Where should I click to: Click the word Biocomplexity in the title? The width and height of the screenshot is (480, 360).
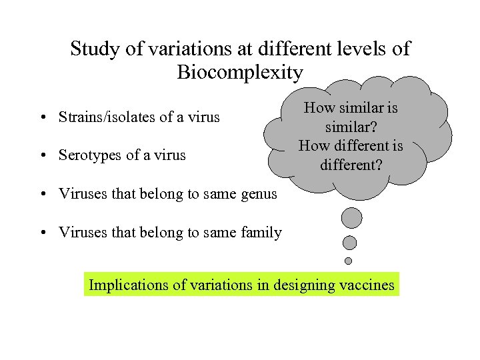(240, 72)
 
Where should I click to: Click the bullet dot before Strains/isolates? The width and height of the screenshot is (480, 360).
(42, 118)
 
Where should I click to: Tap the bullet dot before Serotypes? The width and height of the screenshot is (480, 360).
(42, 156)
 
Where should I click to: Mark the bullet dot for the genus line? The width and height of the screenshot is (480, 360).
(42, 195)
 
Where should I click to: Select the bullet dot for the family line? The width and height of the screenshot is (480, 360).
(42, 233)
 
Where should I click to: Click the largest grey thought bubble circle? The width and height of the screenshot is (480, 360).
(351, 218)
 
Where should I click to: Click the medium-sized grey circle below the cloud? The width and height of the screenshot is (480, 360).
(349, 243)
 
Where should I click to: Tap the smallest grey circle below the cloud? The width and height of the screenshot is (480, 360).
(348, 261)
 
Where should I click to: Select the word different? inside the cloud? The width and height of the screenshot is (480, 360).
(351, 163)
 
